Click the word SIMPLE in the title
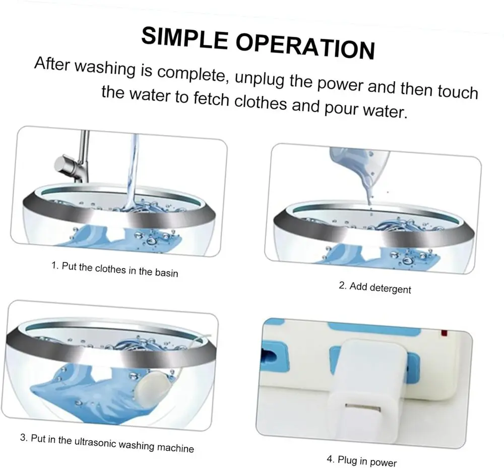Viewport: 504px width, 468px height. [x=184, y=38]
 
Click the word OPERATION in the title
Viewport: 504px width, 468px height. [x=306, y=47]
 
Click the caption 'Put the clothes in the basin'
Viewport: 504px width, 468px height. [x=119, y=270]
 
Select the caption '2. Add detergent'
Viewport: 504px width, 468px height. [x=375, y=288]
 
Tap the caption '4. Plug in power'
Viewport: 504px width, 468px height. [x=361, y=460]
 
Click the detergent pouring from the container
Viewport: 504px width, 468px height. [x=359, y=173]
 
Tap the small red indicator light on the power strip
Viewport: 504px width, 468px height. [x=445, y=333]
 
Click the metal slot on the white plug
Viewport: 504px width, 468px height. [x=362, y=408]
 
